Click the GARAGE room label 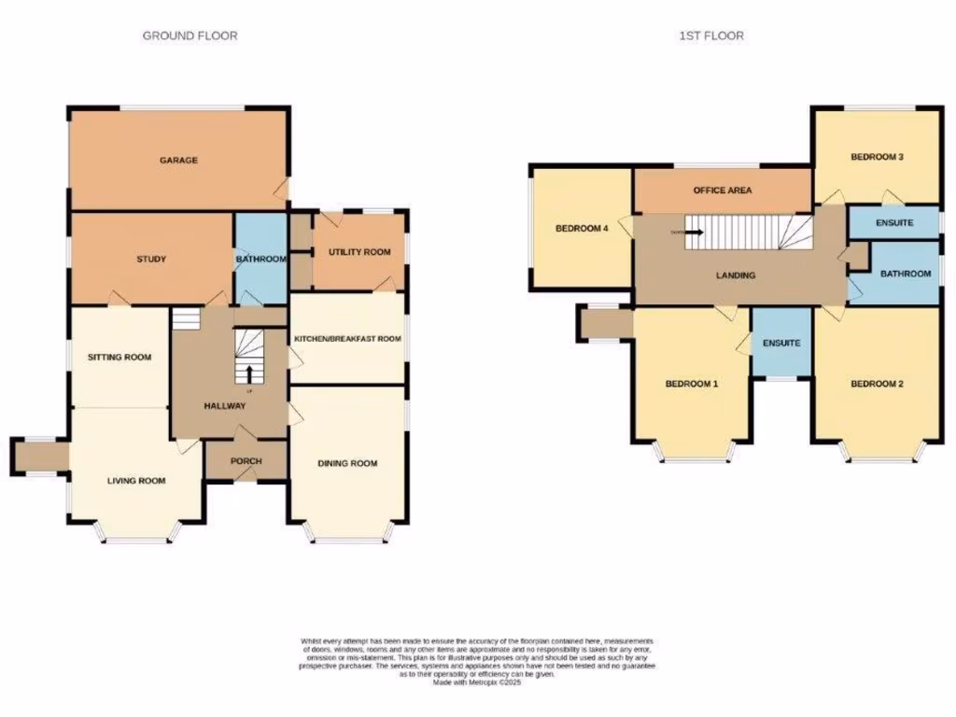177,161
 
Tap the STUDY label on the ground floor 150,259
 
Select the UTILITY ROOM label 358,253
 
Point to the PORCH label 246,461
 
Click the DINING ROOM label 347,463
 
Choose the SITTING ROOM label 119,357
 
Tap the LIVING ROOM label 136,482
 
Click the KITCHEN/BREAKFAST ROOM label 347,339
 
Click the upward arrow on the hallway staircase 249,374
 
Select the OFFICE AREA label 722,190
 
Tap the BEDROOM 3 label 876,157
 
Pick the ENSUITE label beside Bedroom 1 780,343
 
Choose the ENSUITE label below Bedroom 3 893,223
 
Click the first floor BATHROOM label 905,274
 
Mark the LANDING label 736,275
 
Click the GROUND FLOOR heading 190,35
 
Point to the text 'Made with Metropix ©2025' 477,682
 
